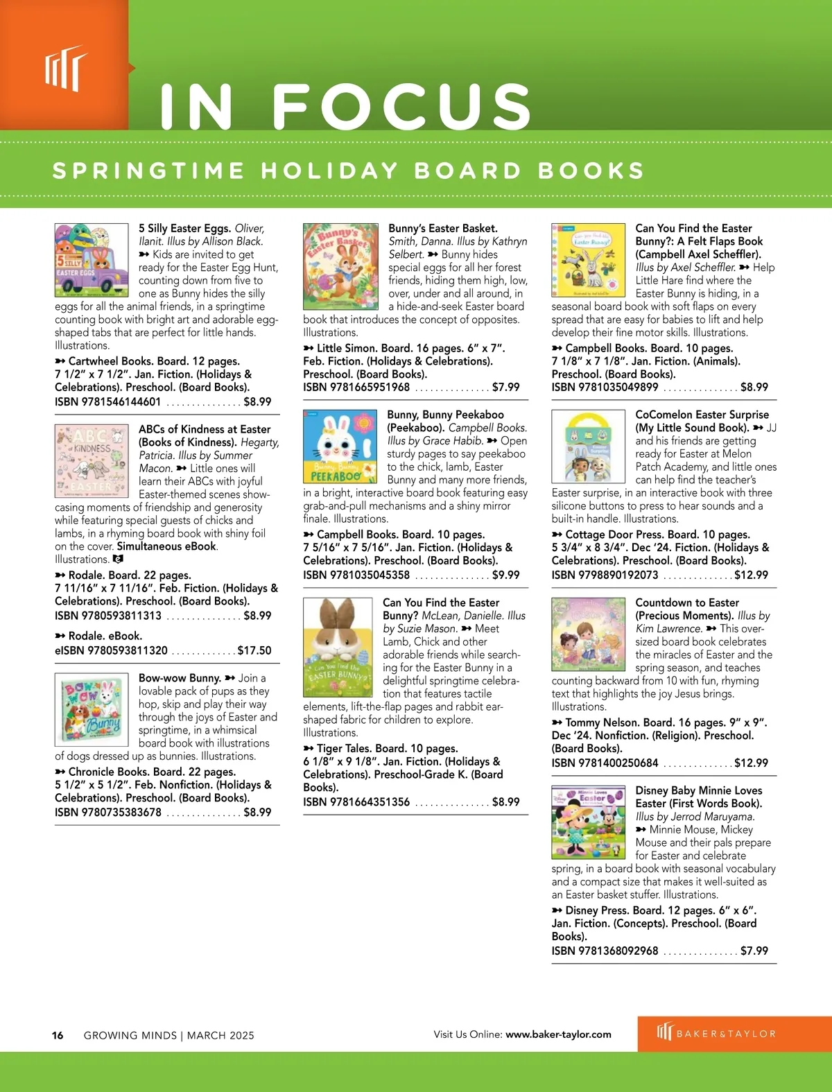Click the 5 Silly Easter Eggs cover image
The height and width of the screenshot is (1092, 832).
pyautogui.click(x=92, y=259)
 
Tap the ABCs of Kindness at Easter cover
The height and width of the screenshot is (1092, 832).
pyautogui.click(x=92, y=461)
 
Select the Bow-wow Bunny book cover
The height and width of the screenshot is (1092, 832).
pyautogui.click(x=92, y=709)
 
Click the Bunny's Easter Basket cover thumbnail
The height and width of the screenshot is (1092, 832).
pyautogui.click(x=340, y=266)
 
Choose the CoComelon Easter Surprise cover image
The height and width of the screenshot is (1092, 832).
pyautogui.click(x=588, y=447)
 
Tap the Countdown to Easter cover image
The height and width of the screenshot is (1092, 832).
pyautogui.click(x=588, y=634)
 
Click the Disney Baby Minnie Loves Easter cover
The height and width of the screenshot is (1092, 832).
pyautogui.click(x=588, y=822)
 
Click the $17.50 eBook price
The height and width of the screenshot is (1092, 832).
pyautogui.click(x=254, y=650)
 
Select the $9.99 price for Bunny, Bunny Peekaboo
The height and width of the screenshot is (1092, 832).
pyautogui.click(x=505, y=575)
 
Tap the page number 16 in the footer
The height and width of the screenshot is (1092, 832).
pyautogui.click(x=58, y=1035)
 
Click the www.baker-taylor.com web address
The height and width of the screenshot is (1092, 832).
pyautogui.click(x=558, y=1034)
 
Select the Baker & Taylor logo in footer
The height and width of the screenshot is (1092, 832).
pyautogui.click(x=716, y=1033)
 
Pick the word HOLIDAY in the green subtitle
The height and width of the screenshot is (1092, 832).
pyautogui.click(x=329, y=171)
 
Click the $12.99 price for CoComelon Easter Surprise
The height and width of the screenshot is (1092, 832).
pyautogui.click(x=751, y=575)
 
